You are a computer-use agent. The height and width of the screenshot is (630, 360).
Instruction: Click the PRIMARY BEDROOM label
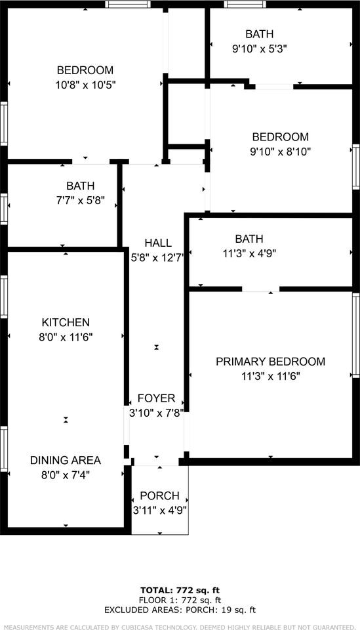270,362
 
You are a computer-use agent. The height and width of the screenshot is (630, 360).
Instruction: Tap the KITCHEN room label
66,322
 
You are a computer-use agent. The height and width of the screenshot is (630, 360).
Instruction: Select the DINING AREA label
66,460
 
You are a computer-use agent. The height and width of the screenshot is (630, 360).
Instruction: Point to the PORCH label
160,495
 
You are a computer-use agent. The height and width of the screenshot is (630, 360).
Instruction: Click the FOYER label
156,398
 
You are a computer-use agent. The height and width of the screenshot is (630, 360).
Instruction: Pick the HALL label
158,243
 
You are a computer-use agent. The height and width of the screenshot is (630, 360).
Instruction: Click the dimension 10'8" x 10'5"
85,85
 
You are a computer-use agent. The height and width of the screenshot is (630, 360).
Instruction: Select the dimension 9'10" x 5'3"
259,48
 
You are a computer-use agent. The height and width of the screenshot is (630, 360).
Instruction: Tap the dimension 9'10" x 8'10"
280,151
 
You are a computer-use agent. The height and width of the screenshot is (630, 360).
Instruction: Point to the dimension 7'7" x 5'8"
80,200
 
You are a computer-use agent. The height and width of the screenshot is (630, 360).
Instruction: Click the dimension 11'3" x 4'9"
249,253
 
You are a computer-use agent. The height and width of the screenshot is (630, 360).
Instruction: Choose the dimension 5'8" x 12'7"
158,257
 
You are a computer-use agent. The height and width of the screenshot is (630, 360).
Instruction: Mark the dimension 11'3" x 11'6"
270,376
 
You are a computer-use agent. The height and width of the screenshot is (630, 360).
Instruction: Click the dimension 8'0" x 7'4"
66,474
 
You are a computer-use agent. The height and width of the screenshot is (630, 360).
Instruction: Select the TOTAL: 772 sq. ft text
180,590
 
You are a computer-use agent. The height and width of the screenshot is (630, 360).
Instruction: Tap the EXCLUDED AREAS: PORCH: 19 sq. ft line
180,610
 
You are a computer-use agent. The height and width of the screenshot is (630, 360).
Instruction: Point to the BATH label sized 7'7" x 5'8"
80,186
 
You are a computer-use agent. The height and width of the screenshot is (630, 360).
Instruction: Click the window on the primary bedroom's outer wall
356,335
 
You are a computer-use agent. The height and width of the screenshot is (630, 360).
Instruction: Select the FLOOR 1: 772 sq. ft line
180,600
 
